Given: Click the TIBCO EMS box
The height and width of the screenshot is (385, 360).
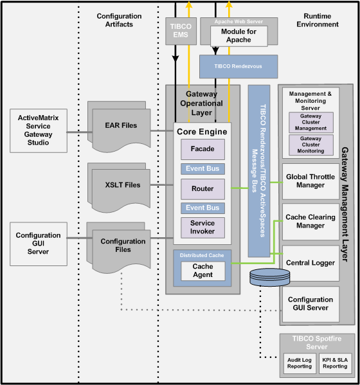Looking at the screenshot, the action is coord(181,31).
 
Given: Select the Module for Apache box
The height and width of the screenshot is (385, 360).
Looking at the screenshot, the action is coord(239,36).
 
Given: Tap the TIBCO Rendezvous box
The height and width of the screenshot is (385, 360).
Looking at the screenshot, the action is coord(239,66).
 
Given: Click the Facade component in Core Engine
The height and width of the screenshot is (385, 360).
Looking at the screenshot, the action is coord(203,149).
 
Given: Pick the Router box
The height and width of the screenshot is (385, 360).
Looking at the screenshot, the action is coord(203,189).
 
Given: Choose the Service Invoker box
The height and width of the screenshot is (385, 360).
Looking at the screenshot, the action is coord(203,228).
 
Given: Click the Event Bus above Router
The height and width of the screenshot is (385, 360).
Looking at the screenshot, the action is coord(203,168).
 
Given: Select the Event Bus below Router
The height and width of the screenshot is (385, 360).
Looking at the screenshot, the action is coord(203,208).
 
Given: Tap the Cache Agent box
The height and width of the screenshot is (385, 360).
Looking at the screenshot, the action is coord(203,271).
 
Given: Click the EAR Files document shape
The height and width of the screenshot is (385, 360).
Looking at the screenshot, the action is coord(119,127).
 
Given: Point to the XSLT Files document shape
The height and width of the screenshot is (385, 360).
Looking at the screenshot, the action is coord(119,187).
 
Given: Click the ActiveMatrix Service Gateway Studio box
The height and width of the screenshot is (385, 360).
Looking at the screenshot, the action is coord(39,130).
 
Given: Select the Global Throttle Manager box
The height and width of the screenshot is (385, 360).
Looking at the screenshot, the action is coord(310,181).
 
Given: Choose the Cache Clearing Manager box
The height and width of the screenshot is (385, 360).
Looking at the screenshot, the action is coord(310,222).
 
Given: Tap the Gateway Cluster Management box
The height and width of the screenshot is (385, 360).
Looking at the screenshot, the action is coord(311,122).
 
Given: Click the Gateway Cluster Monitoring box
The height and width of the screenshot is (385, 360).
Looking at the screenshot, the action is coord(311,145).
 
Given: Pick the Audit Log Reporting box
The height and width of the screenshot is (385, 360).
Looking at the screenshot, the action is coord(300,363).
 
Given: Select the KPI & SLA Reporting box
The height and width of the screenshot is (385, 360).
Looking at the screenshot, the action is coord(335,363).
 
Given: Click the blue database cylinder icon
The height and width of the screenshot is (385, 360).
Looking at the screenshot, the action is coord(269,277).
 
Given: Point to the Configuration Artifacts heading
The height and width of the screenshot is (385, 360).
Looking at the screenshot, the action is coord(119,20).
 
